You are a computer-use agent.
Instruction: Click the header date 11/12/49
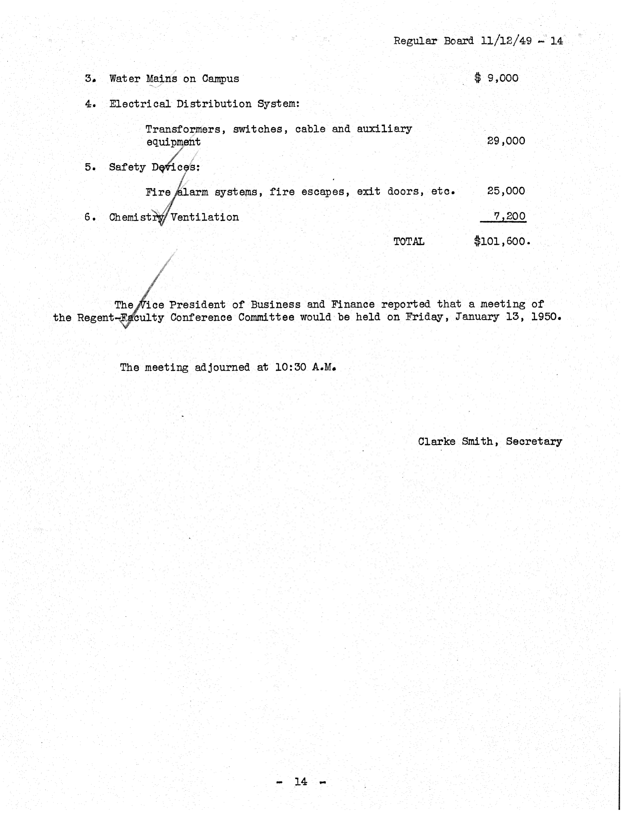pyautogui.click(x=506, y=41)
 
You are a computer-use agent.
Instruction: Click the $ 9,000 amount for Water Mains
pyautogui.click(x=496, y=78)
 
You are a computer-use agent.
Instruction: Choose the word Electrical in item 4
pyautogui.click(x=140, y=104)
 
